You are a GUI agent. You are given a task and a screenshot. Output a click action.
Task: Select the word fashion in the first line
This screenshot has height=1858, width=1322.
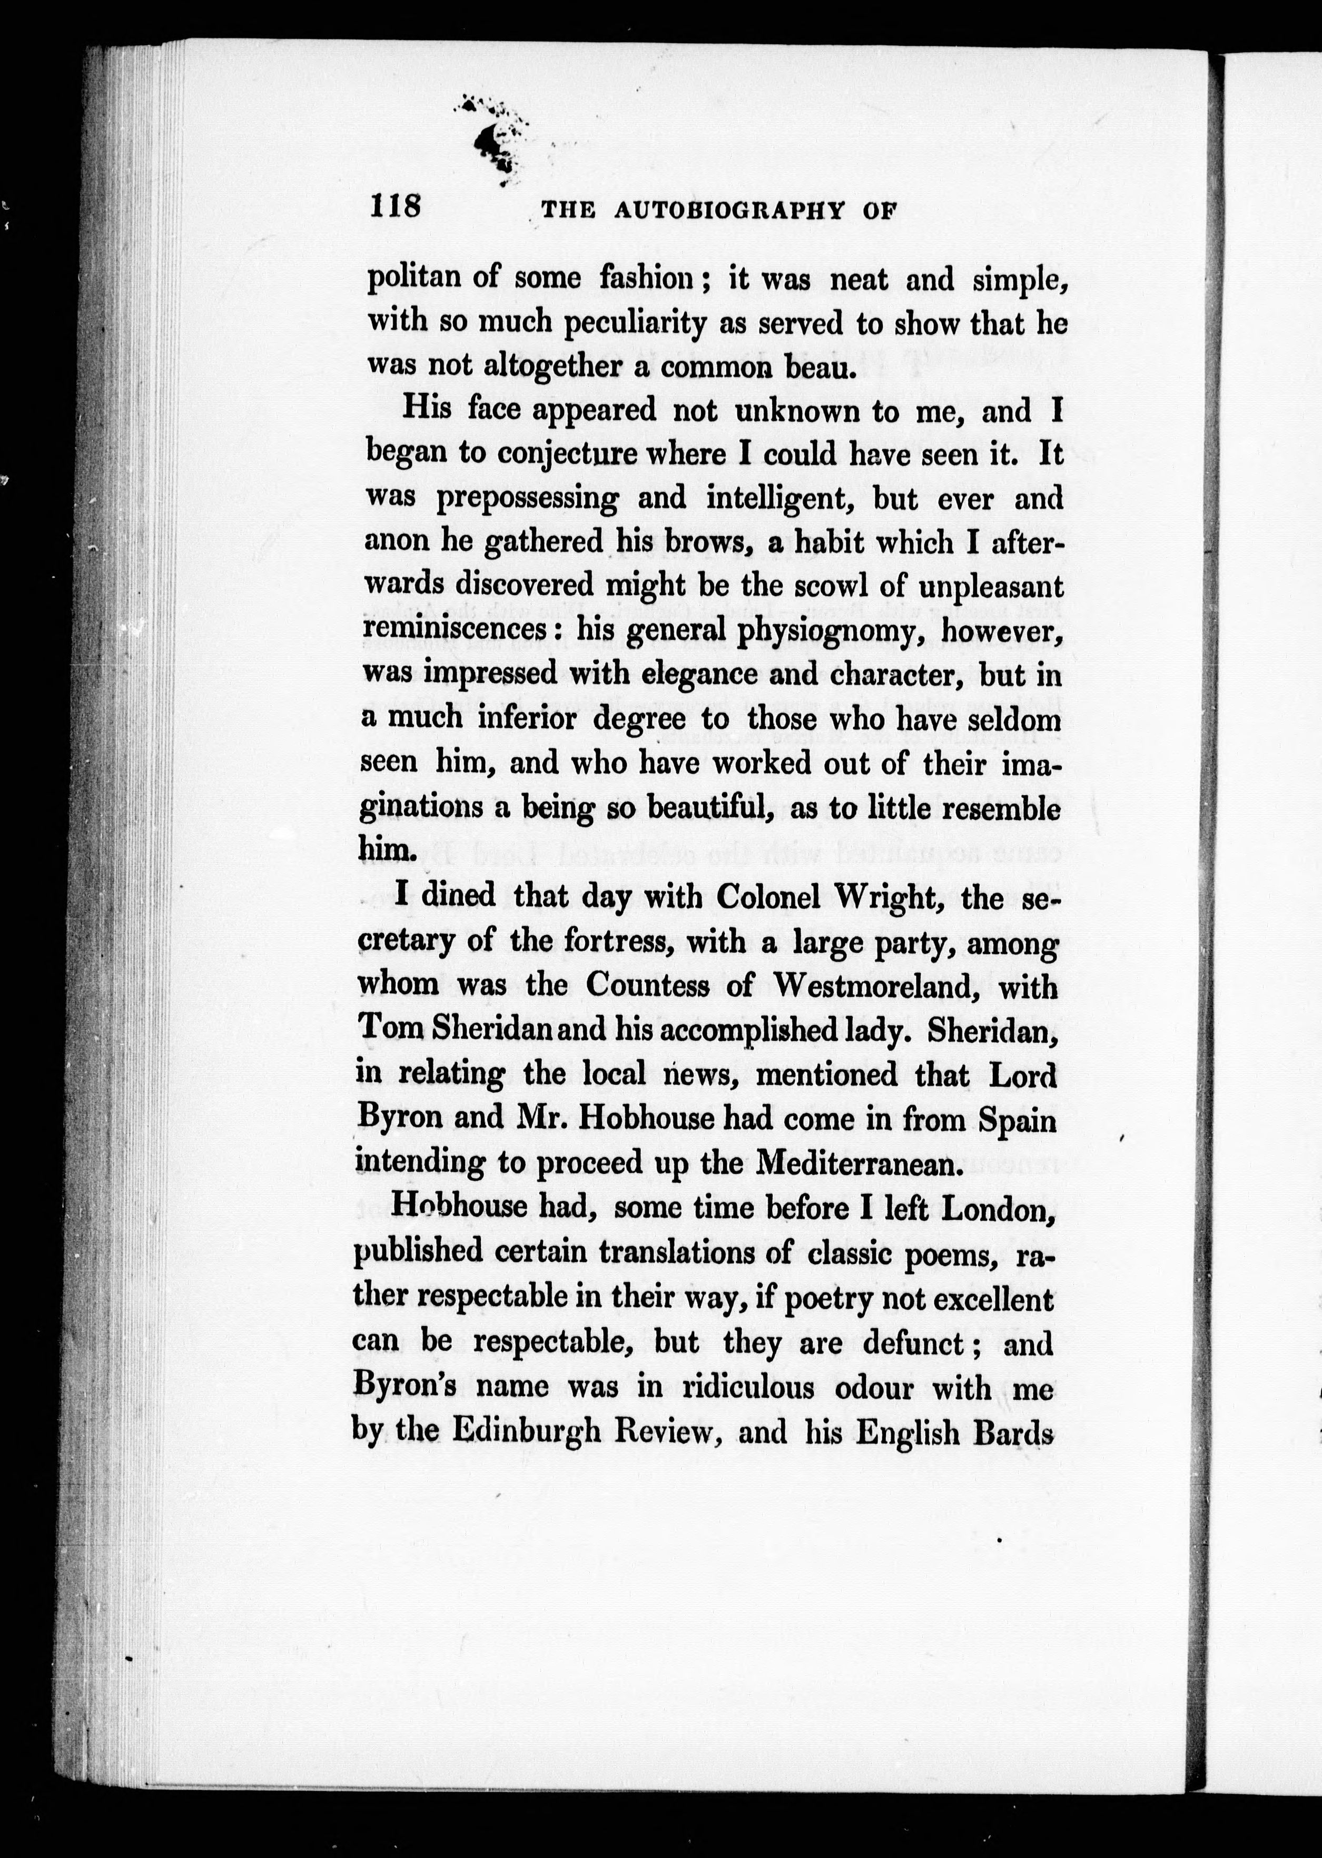pos(647,279)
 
